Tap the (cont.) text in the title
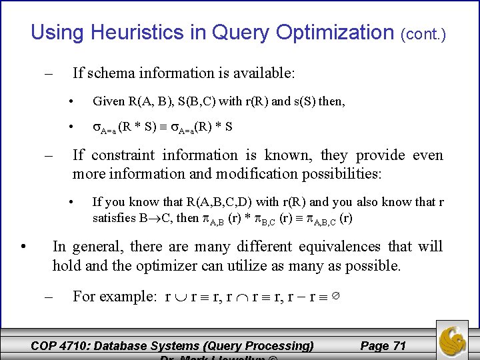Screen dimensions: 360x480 [x=423, y=33]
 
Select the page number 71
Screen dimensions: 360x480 [x=399, y=345]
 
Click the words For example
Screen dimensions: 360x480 [x=114, y=296]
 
